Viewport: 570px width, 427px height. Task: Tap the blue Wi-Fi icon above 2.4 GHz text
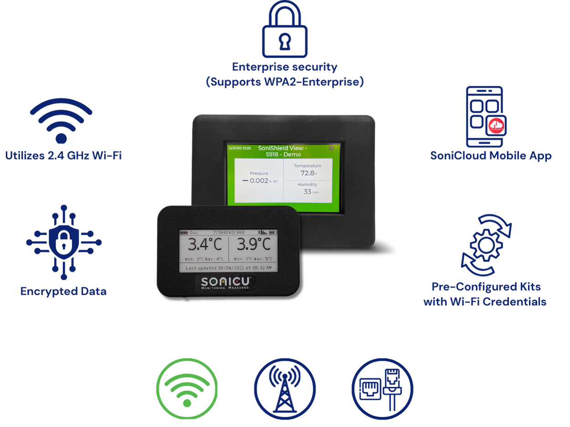tap(61, 120)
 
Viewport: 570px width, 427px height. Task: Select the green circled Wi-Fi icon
tap(187, 389)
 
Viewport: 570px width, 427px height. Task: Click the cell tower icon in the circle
tap(285, 389)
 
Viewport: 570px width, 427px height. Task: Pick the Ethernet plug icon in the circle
tap(382, 389)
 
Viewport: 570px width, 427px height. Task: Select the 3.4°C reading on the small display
tap(205, 245)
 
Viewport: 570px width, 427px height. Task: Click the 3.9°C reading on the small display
tap(254, 245)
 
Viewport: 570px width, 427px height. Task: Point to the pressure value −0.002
tap(255, 181)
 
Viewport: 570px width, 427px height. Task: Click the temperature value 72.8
tap(307, 173)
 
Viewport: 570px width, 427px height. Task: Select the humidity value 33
tap(307, 192)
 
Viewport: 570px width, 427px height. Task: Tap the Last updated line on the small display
tap(228, 268)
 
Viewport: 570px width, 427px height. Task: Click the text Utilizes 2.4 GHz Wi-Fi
tap(63, 156)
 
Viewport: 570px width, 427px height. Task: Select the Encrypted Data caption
tap(63, 291)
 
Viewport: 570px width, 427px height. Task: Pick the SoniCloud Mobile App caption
tap(491, 156)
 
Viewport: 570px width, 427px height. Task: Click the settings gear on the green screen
tap(331, 148)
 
